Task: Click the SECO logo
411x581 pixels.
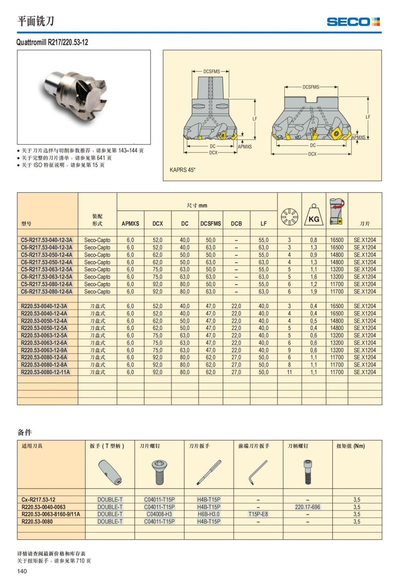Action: [353, 22]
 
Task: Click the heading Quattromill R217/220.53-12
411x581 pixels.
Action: [52, 42]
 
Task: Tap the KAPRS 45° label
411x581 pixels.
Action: [182, 170]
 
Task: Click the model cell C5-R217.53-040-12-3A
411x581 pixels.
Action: [47, 240]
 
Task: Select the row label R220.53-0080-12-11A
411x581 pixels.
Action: [46, 372]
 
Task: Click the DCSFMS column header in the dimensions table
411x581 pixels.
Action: [211, 224]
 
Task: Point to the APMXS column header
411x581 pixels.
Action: [130, 224]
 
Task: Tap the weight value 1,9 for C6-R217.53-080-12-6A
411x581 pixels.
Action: [314, 292]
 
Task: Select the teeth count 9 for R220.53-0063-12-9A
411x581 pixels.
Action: [289, 350]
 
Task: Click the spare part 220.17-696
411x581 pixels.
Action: [308, 507]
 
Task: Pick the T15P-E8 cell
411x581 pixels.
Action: [258, 514]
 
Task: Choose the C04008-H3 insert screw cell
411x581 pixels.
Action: [159, 514]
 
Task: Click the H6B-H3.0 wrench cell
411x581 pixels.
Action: [209, 514]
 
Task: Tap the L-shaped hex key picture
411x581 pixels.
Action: [258, 472]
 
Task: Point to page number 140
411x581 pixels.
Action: [22, 571]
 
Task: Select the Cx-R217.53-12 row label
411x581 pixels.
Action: [38, 500]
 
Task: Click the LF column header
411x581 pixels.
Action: [263, 224]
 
